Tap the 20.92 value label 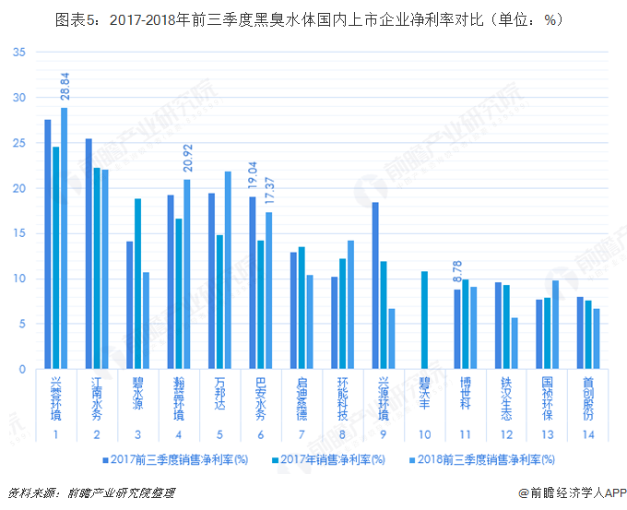click(187, 158)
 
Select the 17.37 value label click(268, 192)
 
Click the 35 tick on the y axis click(19, 52)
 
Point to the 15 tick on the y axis click(19, 233)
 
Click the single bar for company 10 click(425, 320)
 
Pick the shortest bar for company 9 click(391, 338)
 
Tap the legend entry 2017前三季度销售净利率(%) click(172, 458)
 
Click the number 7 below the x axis click(302, 434)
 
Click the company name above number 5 click(219, 396)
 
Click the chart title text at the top click(309, 18)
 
